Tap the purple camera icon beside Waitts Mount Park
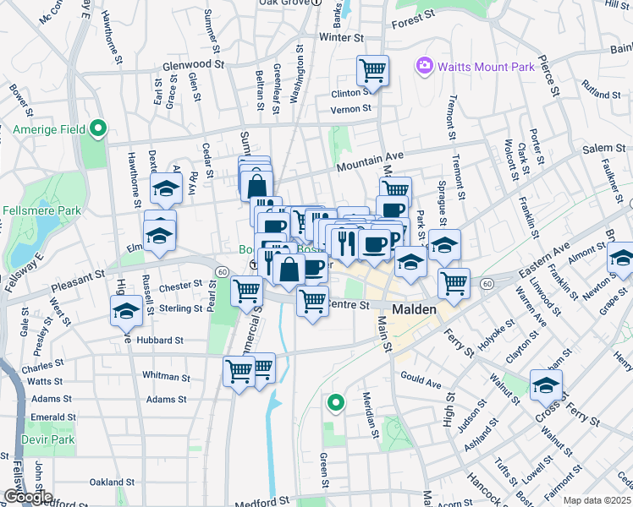click(425, 65)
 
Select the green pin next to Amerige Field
click(98, 129)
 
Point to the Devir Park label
click(52, 439)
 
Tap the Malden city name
click(414, 309)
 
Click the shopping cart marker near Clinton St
click(372, 71)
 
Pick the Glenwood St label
click(193, 63)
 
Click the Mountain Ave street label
click(371, 157)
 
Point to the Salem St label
click(603, 149)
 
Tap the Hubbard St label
click(161, 340)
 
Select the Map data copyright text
click(597, 500)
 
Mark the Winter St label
click(341, 38)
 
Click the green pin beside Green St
click(336, 404)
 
